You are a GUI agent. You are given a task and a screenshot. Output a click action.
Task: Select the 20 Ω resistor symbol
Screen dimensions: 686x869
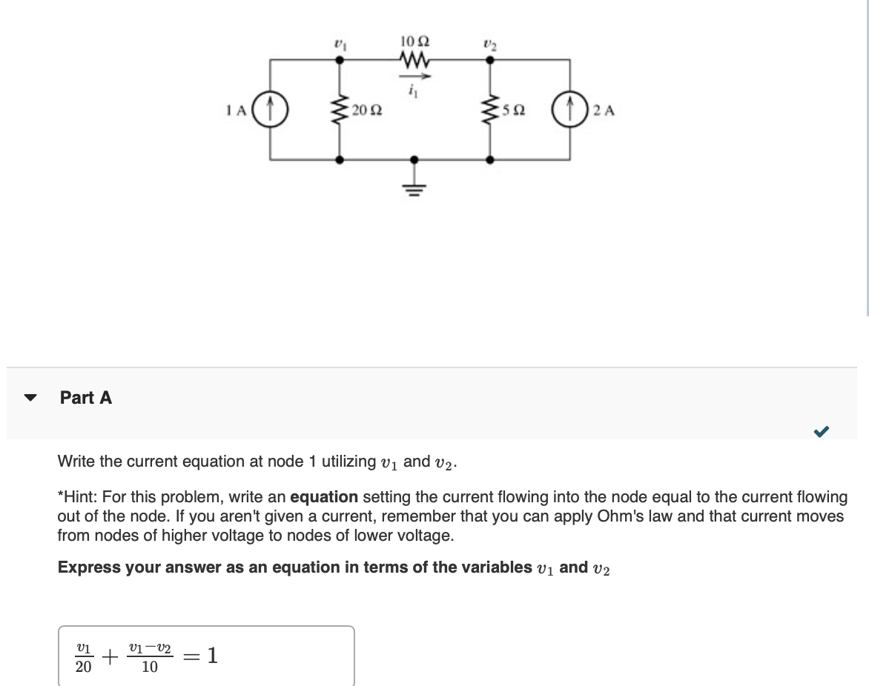[340, 111]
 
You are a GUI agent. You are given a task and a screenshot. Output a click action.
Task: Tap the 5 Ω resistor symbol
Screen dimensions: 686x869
[489, 111]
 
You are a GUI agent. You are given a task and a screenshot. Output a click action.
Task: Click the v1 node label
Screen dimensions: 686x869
[340, 44]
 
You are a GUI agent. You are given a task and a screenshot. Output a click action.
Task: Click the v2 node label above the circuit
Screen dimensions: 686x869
[489, 44]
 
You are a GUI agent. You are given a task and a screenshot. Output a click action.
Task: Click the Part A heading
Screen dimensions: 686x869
[86, 398]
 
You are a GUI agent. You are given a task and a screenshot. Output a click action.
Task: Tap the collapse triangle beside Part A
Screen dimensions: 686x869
[30, 398]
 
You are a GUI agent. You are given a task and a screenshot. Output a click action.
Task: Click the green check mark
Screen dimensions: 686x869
[821, 430]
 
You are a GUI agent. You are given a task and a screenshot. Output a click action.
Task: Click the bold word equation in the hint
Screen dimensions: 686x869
[324, 496]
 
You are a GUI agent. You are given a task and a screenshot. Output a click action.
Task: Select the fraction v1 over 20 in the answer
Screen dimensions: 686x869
[84, 657]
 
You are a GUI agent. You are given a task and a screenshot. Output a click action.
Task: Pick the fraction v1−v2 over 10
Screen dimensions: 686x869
[149, 657]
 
